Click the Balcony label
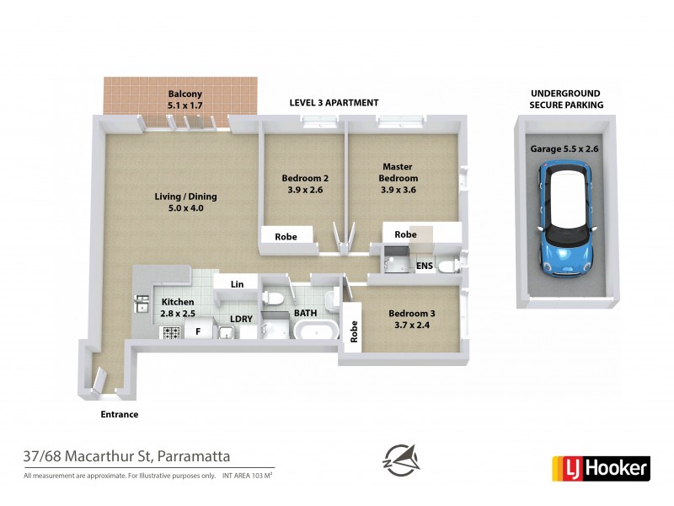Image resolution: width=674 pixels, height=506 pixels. pos(185,100)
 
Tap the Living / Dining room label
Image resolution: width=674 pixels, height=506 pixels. pos(179,202)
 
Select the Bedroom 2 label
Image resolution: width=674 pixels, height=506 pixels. pos(303,184)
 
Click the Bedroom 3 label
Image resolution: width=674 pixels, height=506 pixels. pos(412,320)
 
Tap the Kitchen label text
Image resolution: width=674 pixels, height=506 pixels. pos(178,307)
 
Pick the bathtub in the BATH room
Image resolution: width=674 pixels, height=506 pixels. pos(316,329)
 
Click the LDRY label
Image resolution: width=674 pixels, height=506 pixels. pos(243,319)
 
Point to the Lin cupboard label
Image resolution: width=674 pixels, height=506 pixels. pos(238,285)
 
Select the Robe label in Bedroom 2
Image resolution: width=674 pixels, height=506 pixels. pos(286,237)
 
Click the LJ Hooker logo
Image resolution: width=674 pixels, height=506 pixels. pos(600,467)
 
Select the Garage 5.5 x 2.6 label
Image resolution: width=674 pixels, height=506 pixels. pos(563,148)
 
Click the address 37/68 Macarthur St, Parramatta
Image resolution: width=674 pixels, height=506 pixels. pos(126,457)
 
